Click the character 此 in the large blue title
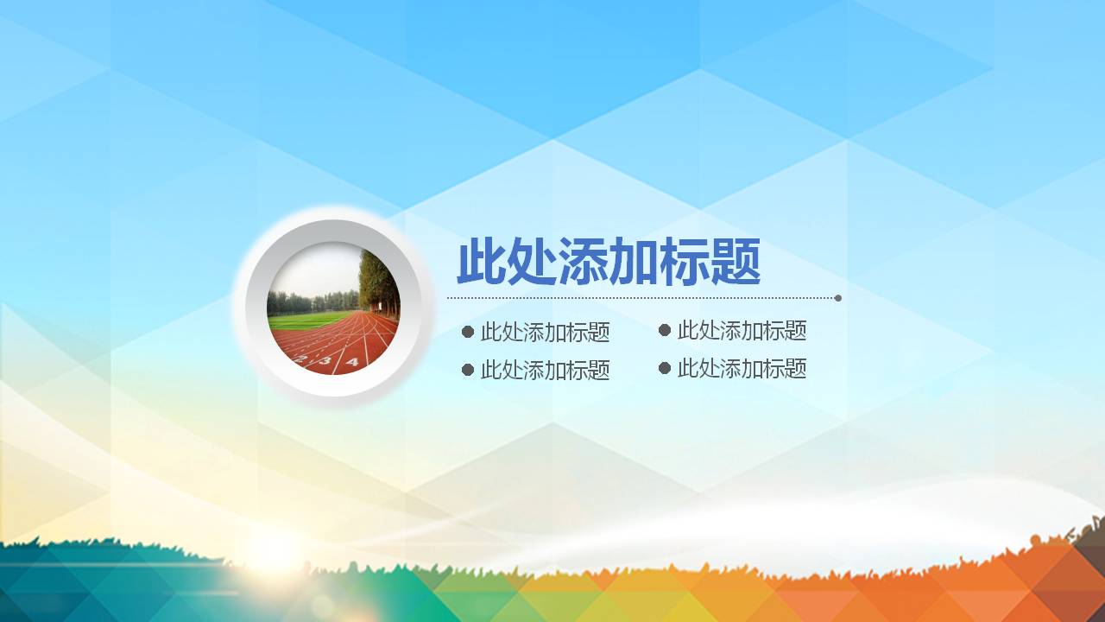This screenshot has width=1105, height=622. [x=482, y=262]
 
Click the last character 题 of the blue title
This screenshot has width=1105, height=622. [x=736, y=262]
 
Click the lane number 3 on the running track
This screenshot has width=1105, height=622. [x=325, y=361]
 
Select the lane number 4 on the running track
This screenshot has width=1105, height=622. [x=351, y=363]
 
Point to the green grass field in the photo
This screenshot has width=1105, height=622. [x=302, y=320]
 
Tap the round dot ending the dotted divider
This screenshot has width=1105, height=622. [x=838, y=298]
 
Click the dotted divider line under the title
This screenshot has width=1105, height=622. [x=639, y=298]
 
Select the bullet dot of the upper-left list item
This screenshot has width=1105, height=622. [x=468, y=332]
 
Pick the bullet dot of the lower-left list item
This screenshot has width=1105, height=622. [x=468, y=370]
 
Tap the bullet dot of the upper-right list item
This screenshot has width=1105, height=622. [x=665, y=330]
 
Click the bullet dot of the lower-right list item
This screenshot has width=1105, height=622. [x=665, y=368]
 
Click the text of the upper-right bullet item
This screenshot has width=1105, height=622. [x=742, y=330]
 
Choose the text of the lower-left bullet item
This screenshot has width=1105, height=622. [x=546, y=371]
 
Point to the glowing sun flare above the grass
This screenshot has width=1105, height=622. [x=272, y=549]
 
